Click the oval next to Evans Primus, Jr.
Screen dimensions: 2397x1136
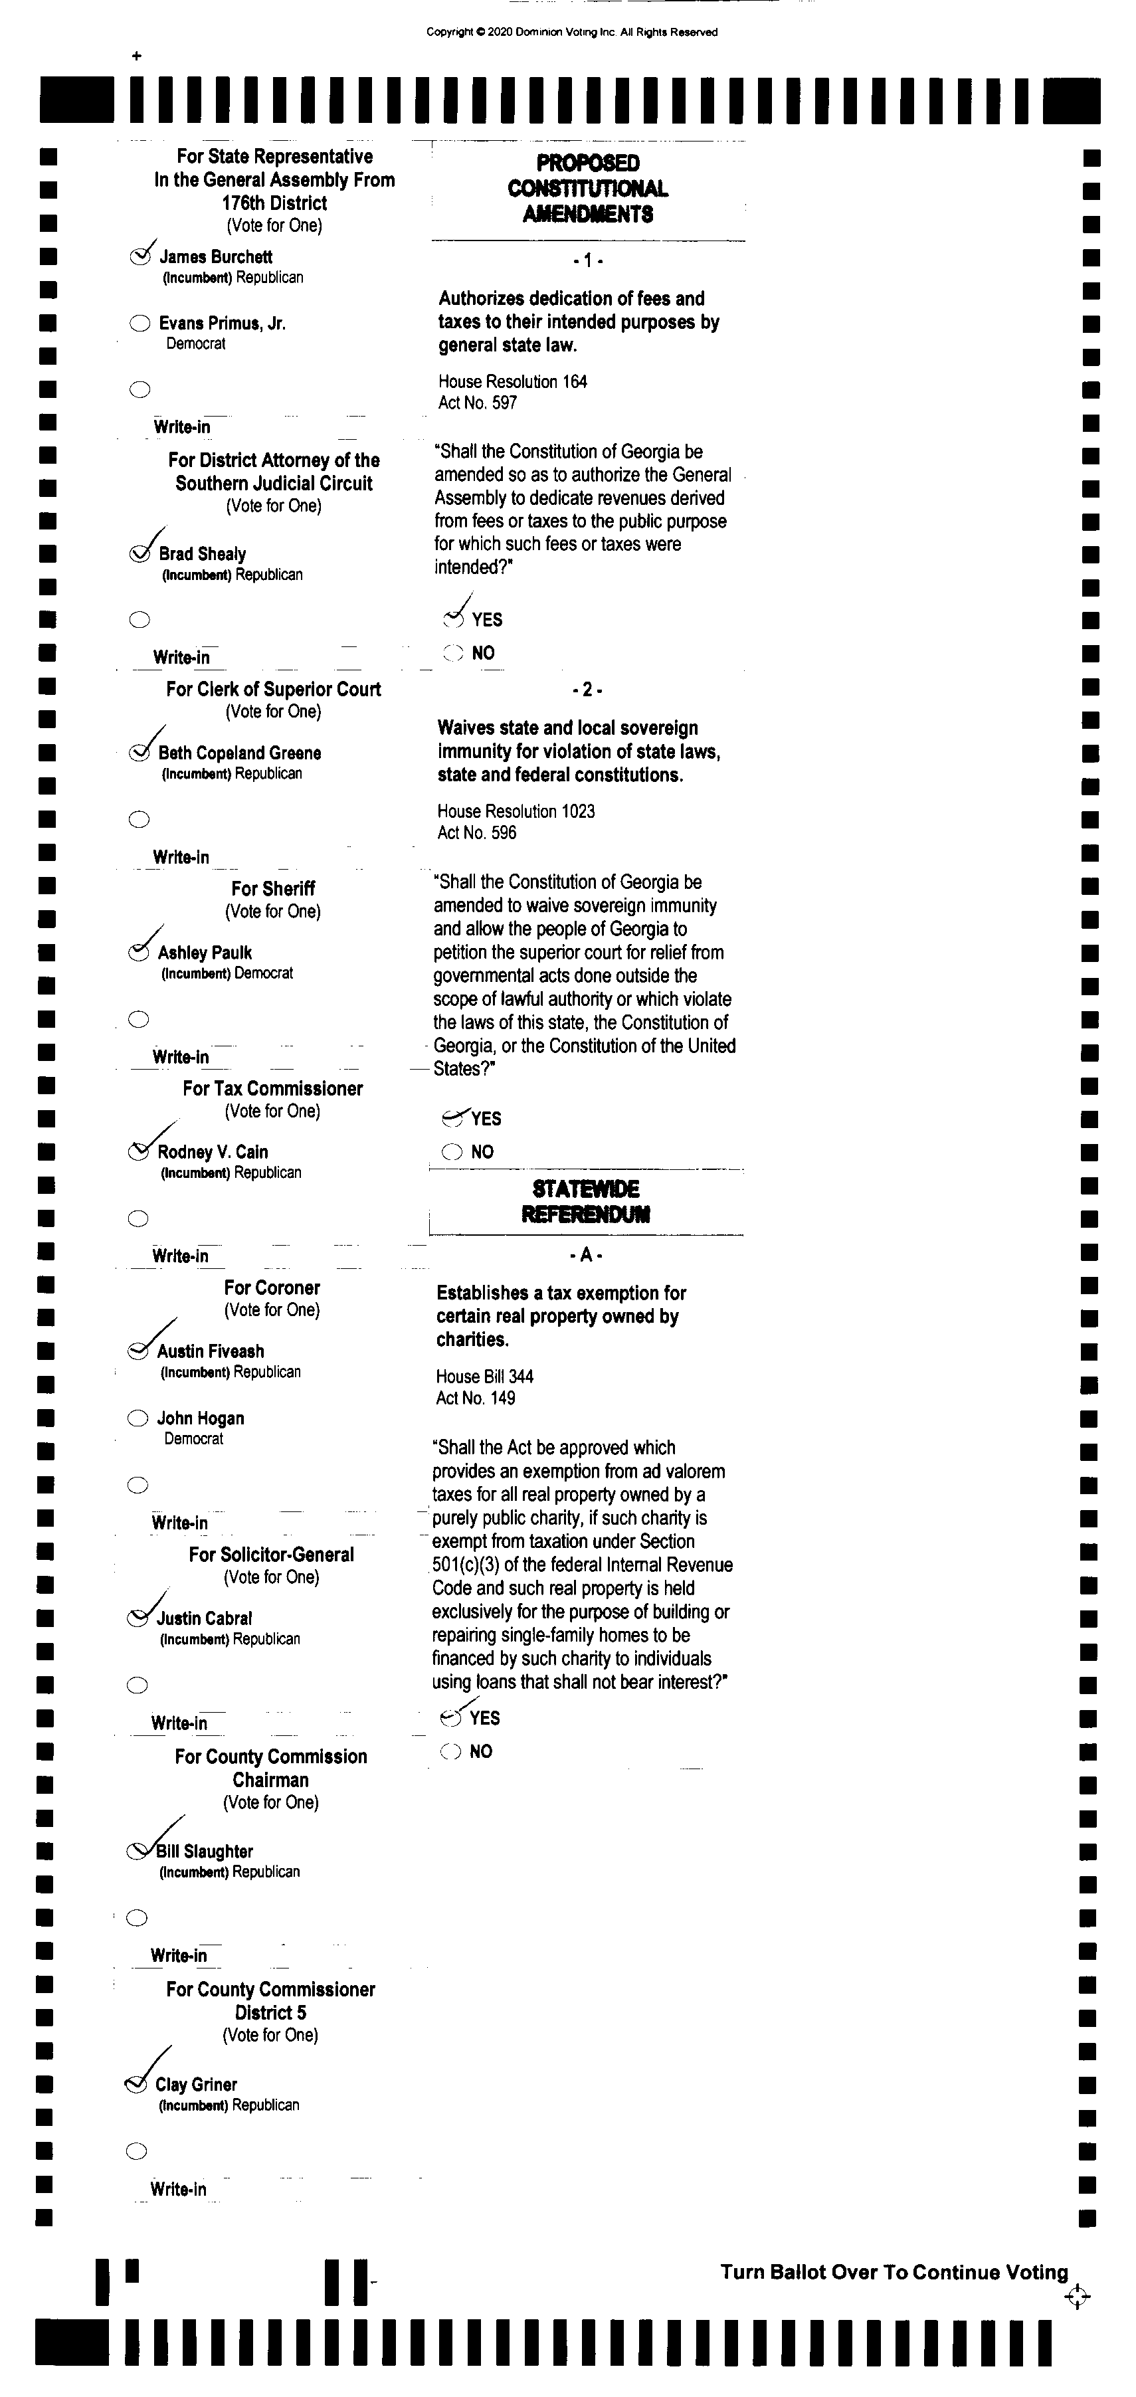click(x=140, y=324)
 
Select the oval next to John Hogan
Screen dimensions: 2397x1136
click(x=138, y=1418)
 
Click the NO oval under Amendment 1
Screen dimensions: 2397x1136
click(x=453, y=653)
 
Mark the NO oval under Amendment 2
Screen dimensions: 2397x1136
click(x=452, y=1152)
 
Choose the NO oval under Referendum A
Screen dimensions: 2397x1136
click(x=450, y=1751)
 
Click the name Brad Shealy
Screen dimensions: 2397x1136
click(x=202, y=553)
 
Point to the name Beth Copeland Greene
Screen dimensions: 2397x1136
click(x=239, y=753)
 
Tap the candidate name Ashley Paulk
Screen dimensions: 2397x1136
click(x=205, y=953)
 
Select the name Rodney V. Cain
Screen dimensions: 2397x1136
click(x=212, y=1152)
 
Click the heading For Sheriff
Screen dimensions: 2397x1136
click(x=272, y=889)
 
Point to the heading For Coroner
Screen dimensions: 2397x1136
click(x=272, y=1288)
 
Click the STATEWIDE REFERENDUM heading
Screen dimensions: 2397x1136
click(x=585, y=1201)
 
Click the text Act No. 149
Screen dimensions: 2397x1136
click(x=476, y=1398)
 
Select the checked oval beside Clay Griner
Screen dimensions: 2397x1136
click(x=136, y=2084)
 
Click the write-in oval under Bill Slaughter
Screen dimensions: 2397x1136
click(x=137, y=1918)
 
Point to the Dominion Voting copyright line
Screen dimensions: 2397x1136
click(x=571, y=33)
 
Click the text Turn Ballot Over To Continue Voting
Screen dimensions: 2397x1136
click(x=893, y=2272)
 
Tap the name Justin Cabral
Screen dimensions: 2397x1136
click(x=204, y=1618)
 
